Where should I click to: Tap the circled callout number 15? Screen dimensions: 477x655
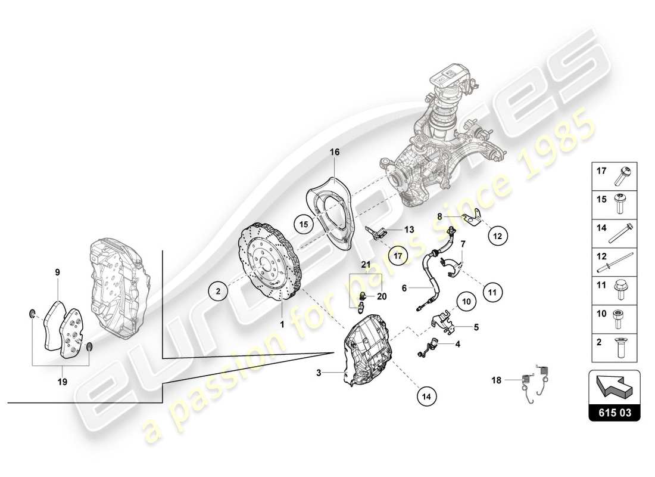(303, 225)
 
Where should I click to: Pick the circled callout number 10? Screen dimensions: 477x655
(467, 302)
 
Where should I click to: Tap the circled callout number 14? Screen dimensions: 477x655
(427, 394)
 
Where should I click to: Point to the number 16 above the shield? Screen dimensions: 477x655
(335, 153)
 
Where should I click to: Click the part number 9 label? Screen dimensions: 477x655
(58, 272)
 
